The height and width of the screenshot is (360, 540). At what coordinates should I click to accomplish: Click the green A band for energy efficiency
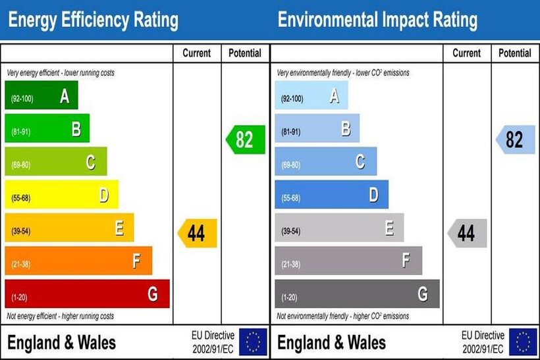[x=41, y=95]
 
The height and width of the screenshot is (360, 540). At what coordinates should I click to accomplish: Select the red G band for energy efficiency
[x=87, y=294]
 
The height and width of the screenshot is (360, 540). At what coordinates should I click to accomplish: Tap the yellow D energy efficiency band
[x=61, y=195]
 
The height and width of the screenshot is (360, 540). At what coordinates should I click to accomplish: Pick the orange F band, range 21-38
[x=78, y=261]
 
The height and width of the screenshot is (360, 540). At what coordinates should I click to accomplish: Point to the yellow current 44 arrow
[x=197, y=233]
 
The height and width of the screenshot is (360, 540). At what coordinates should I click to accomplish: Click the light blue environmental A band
[x=311, y=95]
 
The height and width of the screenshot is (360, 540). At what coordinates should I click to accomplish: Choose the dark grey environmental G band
[x=357, y=294]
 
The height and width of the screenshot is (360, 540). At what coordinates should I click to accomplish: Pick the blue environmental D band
[x=331, y=195]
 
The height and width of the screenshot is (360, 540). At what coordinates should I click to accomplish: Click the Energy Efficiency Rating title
[x=93, y=20]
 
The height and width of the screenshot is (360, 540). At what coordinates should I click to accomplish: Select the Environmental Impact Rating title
[x=377, y=20]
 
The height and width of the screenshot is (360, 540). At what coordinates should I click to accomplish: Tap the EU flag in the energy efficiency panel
[x=253, y=342]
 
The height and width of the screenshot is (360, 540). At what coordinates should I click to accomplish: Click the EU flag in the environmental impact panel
[x=523, y=342]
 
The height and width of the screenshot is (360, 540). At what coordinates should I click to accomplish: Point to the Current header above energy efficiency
[x=197, y=53]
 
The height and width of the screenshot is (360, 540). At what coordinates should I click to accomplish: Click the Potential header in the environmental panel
[x=515, y=53]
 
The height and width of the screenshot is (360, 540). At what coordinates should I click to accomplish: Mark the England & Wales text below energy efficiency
[x=61, y=343]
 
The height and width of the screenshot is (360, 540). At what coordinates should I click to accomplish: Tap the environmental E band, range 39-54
[x=338, y=228]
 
